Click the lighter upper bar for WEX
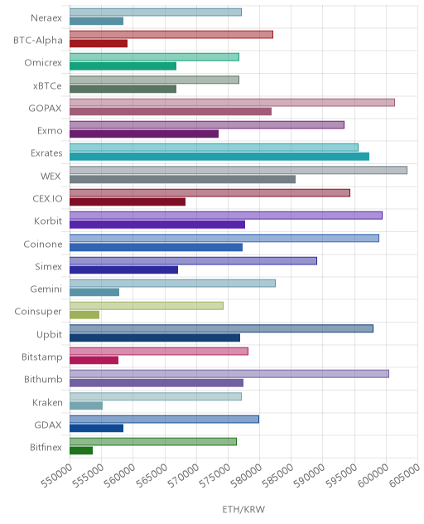tap(238, 170)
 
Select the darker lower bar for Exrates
tap(219, 157)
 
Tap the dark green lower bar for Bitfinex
tap(81, 450)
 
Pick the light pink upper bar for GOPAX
tap(232, 102)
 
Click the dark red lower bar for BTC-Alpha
tap(99, 43)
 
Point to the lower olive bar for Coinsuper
tap(84, 315)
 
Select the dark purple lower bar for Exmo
tap(144, 133)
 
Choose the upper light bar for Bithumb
tap(229, 374)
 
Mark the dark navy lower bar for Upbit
tap(155, 337)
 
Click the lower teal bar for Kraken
tap(86, 405)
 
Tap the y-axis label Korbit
tap(48, 221)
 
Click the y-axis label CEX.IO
tap(47, 198)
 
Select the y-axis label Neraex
tap(46, 17)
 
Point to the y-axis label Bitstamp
tap(42, 357)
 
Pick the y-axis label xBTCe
tap(47, 86)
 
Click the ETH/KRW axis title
tap(243, 509)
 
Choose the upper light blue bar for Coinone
tap(224, 238)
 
